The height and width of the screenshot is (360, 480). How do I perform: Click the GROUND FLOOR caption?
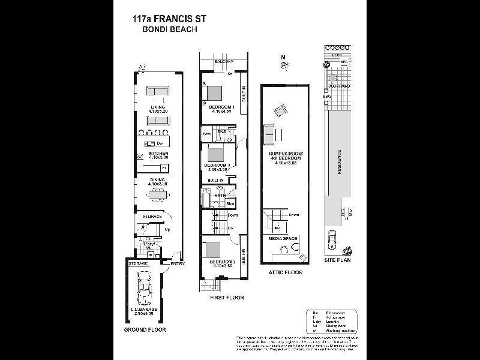(x=145, y=329)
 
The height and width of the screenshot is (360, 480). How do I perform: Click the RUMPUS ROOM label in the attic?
(x=286, y=154)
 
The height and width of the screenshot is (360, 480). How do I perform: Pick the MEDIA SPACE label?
(x=283, y=238)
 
